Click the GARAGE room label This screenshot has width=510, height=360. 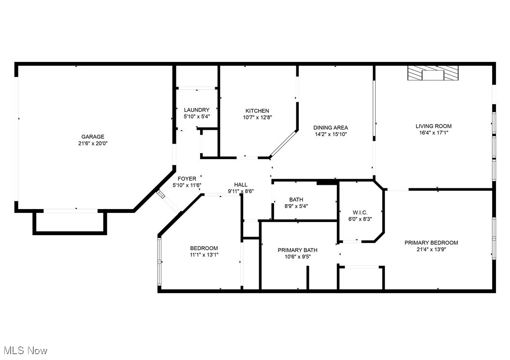tap(92, 137)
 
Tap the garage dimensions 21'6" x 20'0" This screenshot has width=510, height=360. tap(92, 143)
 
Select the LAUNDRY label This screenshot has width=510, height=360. tap(196, 110)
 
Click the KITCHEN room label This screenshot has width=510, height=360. tap(257, 111)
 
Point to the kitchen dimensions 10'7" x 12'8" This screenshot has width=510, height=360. tap(257, 117)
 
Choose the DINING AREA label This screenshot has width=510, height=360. tap(330, 128)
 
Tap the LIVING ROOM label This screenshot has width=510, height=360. tap(433, 126)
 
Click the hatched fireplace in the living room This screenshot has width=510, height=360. tap(432, 74)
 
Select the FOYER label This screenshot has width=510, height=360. tap(187, 179)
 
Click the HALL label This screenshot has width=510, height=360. tap(241, 185)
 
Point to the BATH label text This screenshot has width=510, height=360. tap(296, 200)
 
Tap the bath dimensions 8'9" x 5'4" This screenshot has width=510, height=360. tap(296, 206)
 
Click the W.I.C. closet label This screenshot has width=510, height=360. tap(360, 212)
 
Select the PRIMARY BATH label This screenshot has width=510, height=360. tap(297, 250)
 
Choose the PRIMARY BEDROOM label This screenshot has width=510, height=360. tap(431, 243)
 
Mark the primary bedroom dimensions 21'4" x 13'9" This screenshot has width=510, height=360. tap(431, 249)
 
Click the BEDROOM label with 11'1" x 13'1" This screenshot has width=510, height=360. tap(204, 248)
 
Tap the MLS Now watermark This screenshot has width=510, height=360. tap(25, 350)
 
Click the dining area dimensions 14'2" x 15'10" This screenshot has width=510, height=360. tap(330, 135)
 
